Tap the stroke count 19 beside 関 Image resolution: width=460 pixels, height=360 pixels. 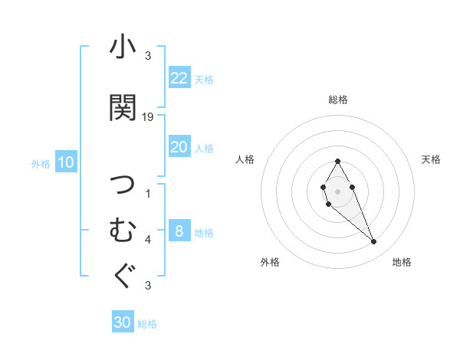click(149, 117)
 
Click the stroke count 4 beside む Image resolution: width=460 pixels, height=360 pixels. click(148, 239)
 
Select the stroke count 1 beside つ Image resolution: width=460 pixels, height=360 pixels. click(148, 193)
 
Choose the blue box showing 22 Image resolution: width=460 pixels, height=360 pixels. click(179, 78)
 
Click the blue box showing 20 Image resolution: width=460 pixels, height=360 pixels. click(179, 147)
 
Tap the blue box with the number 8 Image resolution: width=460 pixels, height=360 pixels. click(179, 231)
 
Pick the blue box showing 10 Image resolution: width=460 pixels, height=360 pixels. click(66, 162)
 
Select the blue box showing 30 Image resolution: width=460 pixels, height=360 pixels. click(123, 322)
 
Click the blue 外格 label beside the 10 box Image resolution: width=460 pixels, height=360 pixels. click(41, 163)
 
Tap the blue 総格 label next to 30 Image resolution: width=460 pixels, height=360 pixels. click(147, 324)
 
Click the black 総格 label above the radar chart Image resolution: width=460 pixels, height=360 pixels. click(338, 100)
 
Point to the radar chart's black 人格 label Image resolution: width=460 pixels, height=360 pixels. click(245, 159)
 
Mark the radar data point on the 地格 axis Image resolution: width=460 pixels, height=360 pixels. click(374, 242)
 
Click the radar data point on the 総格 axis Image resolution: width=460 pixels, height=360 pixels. click(338, 161)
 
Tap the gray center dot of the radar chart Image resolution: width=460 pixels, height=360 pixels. click(338, 191)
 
